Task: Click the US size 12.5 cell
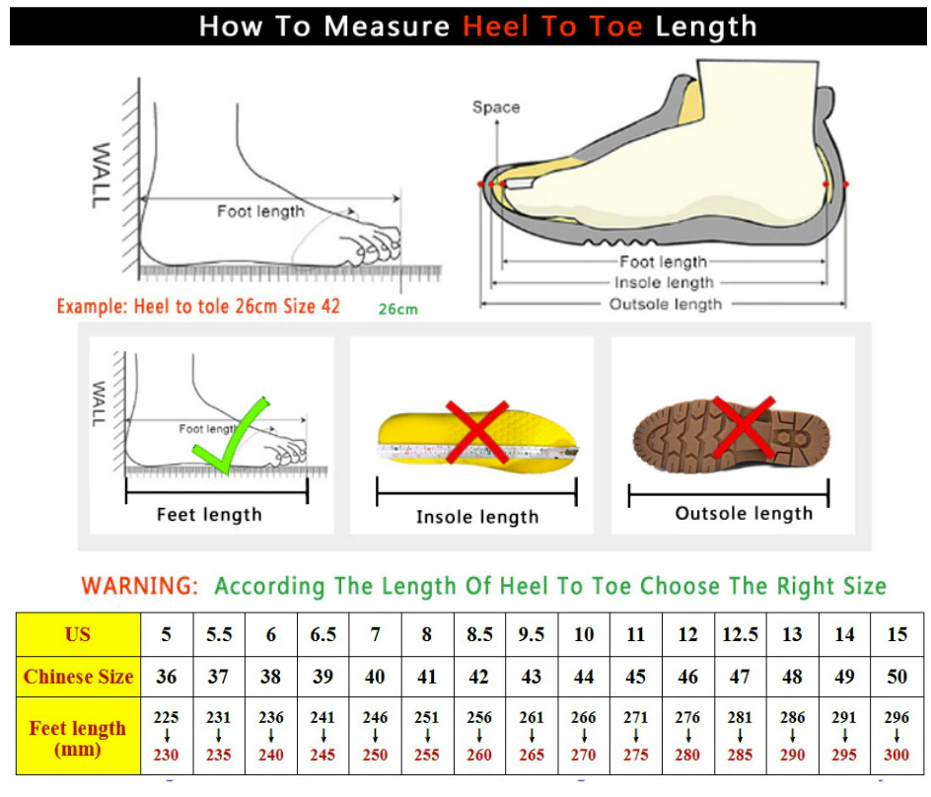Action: (x=741, y=634)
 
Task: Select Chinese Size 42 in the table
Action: (x=479, y=677)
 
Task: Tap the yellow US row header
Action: (x=78, y=634)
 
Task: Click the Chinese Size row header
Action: (x=78, y=677)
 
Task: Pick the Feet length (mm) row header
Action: (x=78, y=738)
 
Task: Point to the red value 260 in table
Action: (x=479, y=756)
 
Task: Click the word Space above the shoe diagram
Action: (x=495, y=107)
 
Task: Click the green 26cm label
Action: (x=397, y=309)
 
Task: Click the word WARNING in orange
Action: (x=139, y=586)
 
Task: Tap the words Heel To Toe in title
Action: (x=553, y=26)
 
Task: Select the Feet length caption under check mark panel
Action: (x=209, y=514)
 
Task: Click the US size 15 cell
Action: (x=896, y=634)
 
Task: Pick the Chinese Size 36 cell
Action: (x=166, y=677)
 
